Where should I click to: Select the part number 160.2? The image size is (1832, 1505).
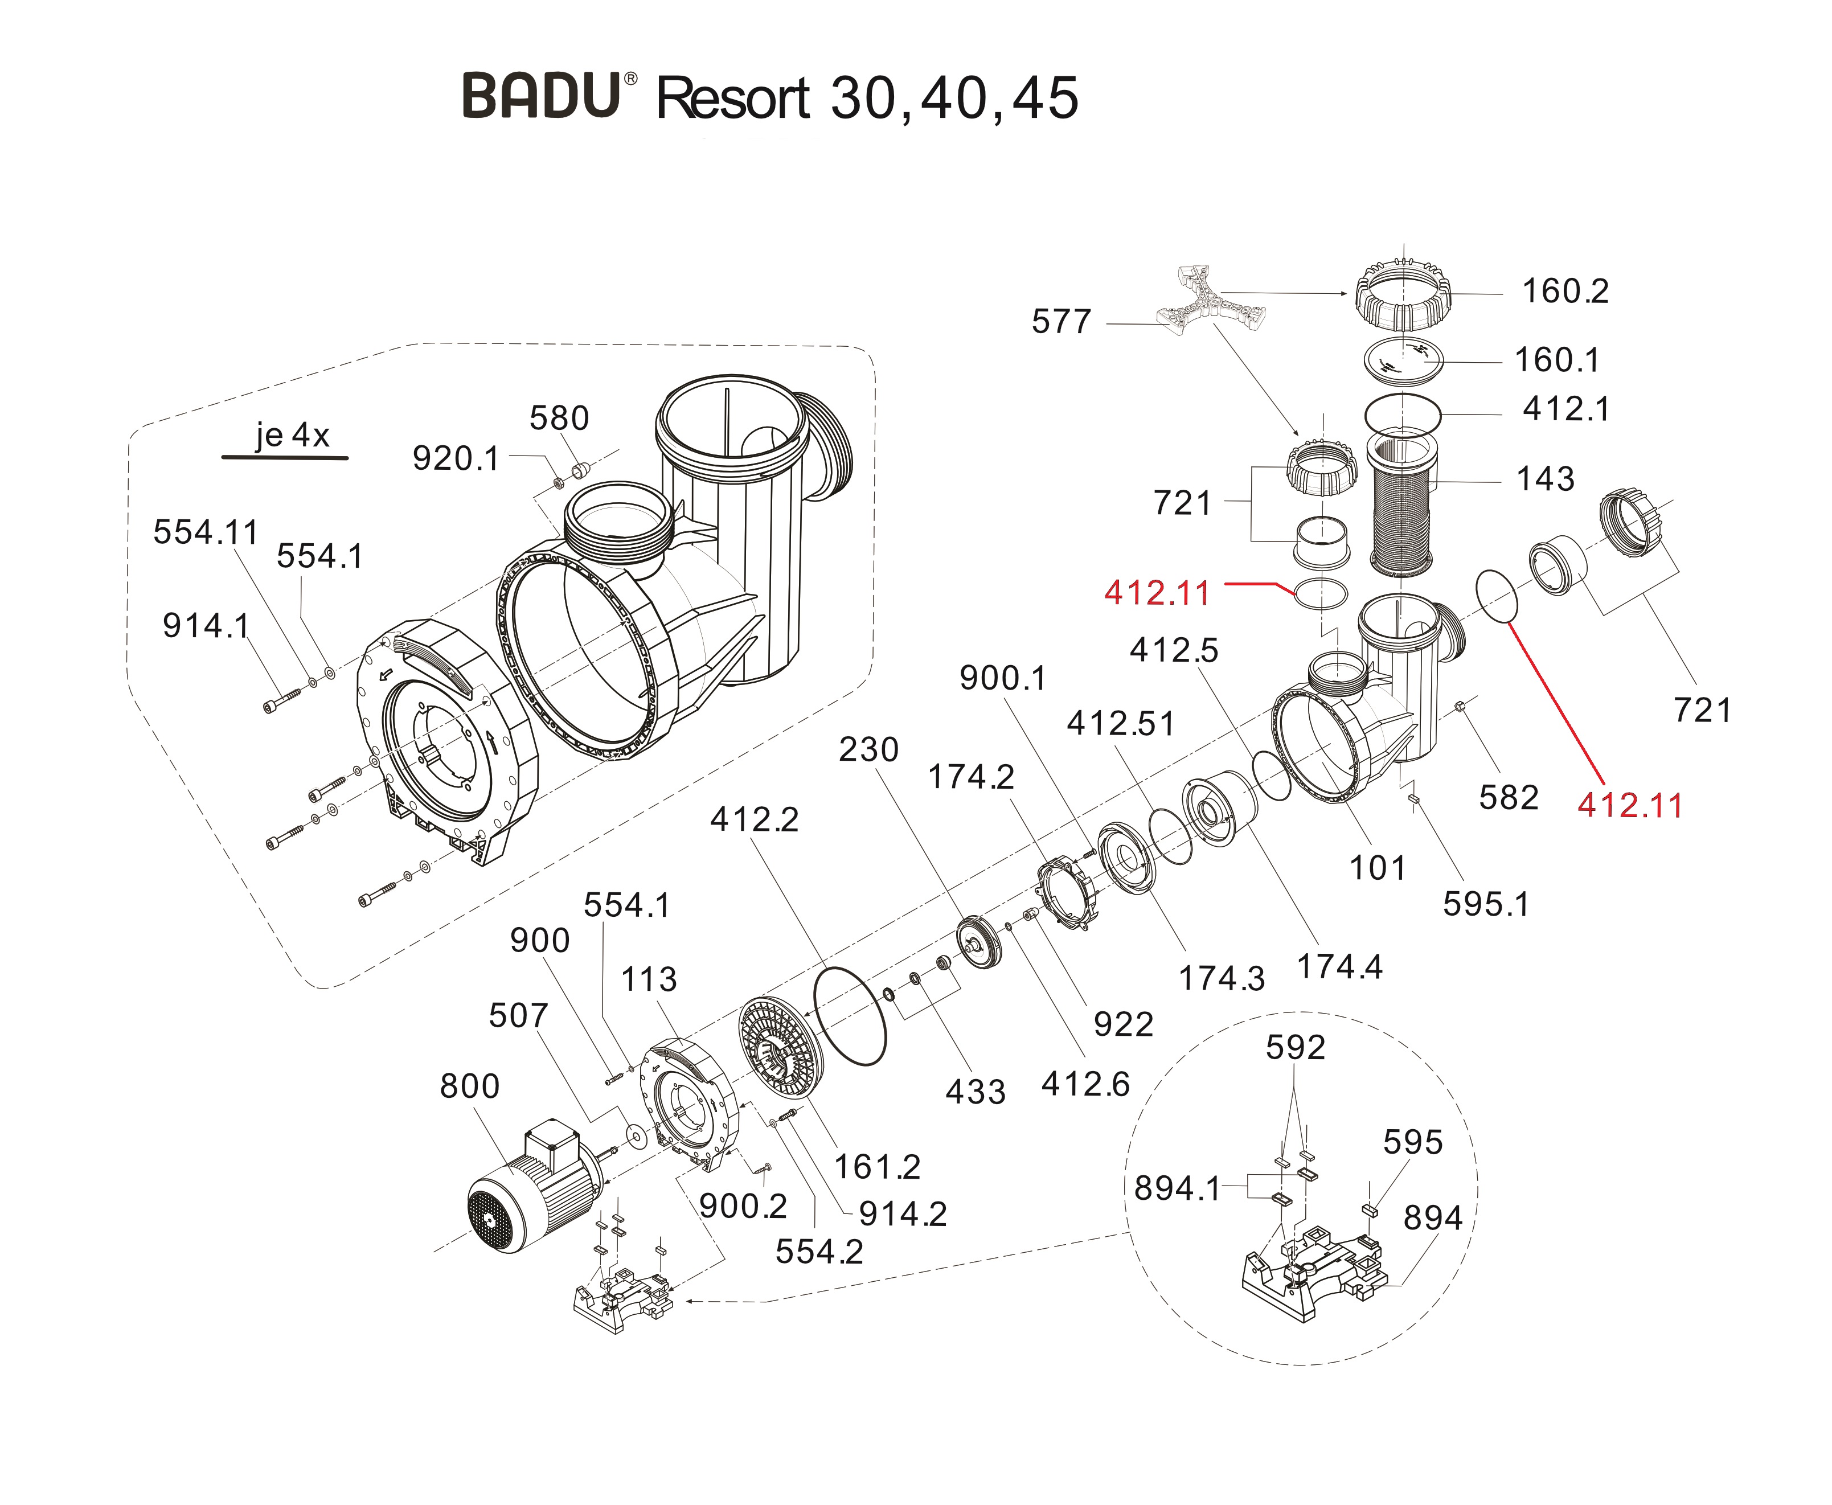1565,292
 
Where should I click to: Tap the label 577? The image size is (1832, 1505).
1060,322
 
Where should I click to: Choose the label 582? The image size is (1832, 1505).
1508,798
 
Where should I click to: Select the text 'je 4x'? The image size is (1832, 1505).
292,435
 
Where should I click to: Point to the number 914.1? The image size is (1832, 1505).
206,626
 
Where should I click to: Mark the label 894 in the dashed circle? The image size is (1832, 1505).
1432,1218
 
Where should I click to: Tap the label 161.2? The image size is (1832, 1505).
876,1167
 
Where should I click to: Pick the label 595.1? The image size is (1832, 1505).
1485,904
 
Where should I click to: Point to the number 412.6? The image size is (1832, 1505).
1085,1084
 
